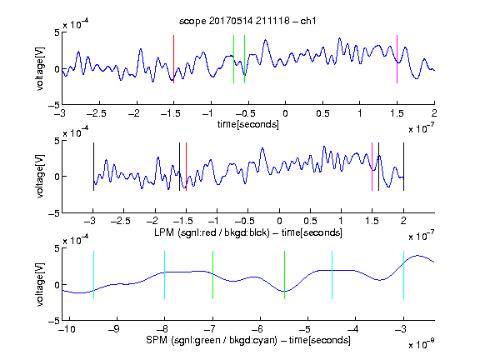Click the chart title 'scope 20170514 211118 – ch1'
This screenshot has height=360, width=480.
coord(247,21)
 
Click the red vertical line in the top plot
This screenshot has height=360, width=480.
coord(173,59)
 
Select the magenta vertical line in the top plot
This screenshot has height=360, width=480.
coord(397,59)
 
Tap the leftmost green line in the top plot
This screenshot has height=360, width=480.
coord(233,59)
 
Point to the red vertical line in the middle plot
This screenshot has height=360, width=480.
coord(186,167)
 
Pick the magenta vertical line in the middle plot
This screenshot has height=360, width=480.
coord(372,167)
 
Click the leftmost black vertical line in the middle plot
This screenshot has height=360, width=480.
coord(93,167)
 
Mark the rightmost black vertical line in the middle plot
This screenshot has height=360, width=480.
coord(403,167)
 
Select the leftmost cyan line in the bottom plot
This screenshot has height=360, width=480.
coord(93,275)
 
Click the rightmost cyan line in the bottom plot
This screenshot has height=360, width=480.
coord(403,275)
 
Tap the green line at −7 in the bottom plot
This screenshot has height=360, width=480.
coord(212,275)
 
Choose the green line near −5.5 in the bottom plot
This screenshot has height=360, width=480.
coord(284,275)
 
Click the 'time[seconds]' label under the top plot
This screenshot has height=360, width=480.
coord(248,124)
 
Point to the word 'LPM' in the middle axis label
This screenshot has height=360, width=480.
coord(164,232)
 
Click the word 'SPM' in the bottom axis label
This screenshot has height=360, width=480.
coord(157,340)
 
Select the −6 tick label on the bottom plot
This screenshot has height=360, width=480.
coord(260,329)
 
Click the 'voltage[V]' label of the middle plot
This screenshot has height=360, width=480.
coord(40,177)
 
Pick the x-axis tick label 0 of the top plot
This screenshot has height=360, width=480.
coord(285,113)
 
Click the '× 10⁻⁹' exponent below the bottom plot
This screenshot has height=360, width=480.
coord(422,344)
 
